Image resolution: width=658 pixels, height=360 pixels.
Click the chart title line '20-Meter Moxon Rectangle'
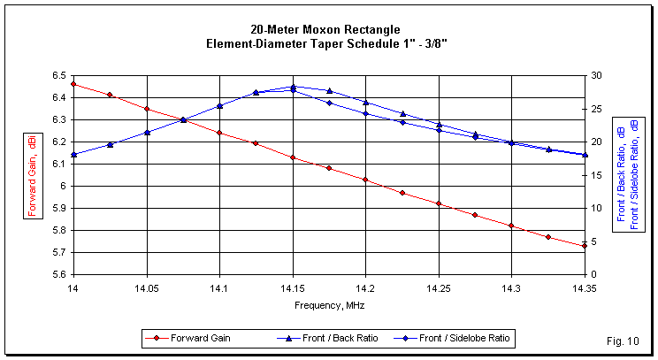[x=328, y=30]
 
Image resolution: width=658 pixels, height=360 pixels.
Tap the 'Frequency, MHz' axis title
[x=329, y=305]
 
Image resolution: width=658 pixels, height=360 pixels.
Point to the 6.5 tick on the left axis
[x=59, y=75]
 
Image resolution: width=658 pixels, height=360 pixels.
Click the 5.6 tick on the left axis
[x=59, y=274]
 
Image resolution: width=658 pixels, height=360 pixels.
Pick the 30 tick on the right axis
[x=597, y=75]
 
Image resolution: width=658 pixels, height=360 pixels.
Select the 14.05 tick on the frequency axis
[x=147, y=287]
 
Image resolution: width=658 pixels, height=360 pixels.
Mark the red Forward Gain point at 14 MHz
[x=73, y=84]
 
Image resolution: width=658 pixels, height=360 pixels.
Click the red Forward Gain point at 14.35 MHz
[x=585, y=246]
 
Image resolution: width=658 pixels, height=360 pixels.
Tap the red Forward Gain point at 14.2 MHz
[x=365, y=180]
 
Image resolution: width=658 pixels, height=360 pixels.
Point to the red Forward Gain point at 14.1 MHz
[x=219, y=133]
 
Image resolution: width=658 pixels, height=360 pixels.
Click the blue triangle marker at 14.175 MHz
[x=329, y=91]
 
